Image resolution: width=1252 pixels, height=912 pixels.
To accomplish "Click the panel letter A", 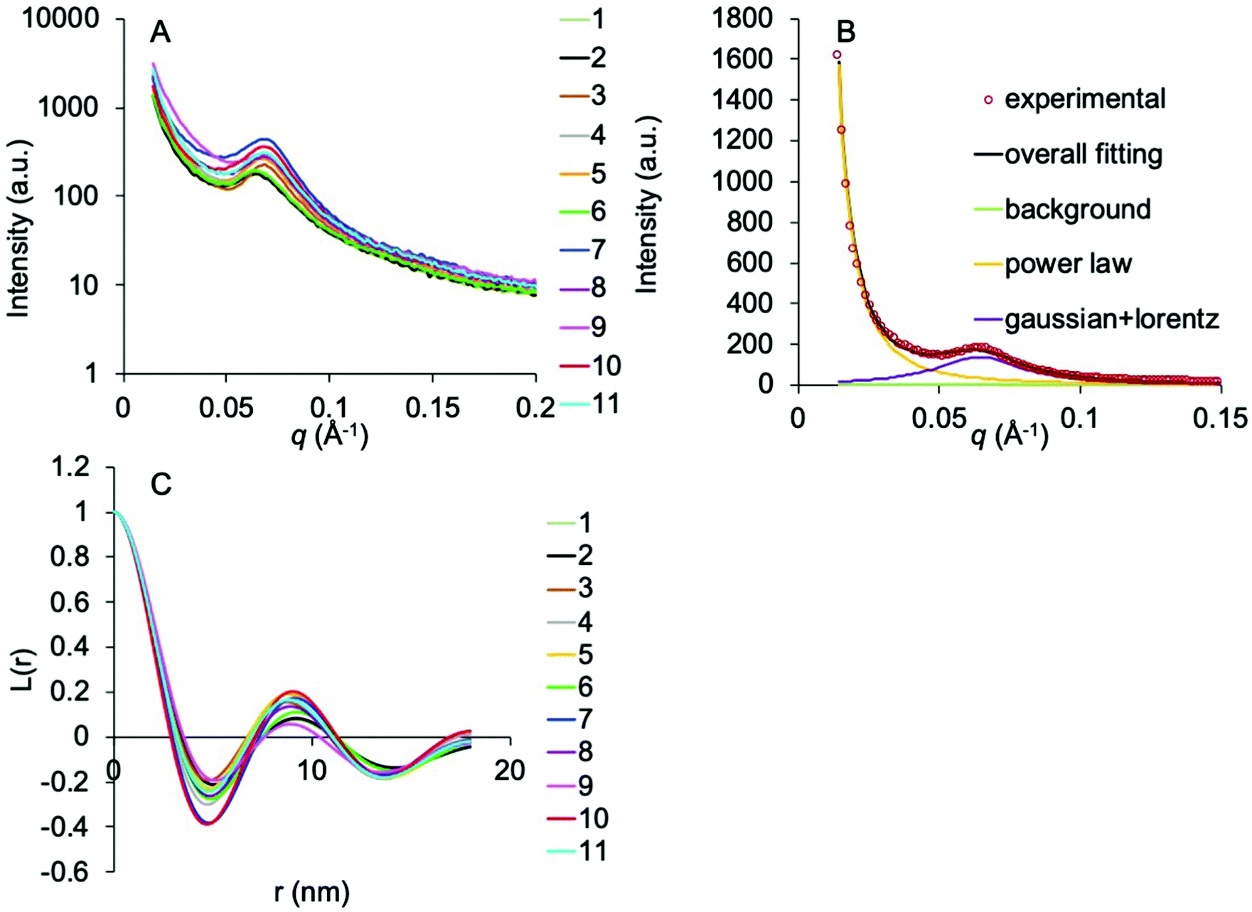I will point(161,32).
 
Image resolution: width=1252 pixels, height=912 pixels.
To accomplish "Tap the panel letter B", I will point(846,32).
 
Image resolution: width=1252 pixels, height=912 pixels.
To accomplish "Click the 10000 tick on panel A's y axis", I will point(61,18).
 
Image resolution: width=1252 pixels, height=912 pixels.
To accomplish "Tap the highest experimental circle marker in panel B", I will point(837,55).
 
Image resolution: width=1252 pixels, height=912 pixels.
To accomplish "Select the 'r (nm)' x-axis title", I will point(311,891).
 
